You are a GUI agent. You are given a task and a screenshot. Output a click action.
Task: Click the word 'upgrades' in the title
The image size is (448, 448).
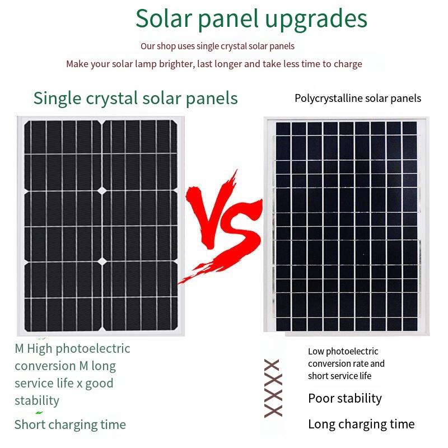pyautogui.click(x=316, y=20)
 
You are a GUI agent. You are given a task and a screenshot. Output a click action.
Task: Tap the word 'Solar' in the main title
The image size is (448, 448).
pyautogui.click(x=164, y=18)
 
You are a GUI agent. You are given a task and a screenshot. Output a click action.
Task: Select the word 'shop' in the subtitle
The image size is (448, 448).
pyautogui.click(x=166, y=46)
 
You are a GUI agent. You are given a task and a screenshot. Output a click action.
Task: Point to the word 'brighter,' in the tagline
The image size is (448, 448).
pyautogui.click(x=176, y=64)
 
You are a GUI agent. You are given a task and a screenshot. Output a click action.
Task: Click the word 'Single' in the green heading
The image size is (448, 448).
pyautogui.click(x=57, y=99)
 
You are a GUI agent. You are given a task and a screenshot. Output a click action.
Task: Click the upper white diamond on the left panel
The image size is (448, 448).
pyautogui.click(x=102, y=190)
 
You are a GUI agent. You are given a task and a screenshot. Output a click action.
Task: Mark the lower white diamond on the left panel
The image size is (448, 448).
pyautogui.click(x=102, y=261)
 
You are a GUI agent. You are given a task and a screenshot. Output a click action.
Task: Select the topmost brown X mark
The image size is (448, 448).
pyautogui.click(x=272, y=365)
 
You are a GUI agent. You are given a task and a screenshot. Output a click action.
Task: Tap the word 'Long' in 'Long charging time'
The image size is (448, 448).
pyautogui.click(x=321, y=424)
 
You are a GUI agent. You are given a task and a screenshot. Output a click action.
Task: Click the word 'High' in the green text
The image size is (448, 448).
pyautogui.click(x=39, y=349)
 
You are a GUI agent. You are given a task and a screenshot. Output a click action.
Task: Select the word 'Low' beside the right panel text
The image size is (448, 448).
pyautogui.click(x=315, y=352)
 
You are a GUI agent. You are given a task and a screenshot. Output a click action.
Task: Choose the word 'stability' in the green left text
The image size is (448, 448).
pyautogui.click(x=37, y=401)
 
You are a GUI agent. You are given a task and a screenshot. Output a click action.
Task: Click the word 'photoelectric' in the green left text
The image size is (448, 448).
pyautogui.click(x=93, y=349)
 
